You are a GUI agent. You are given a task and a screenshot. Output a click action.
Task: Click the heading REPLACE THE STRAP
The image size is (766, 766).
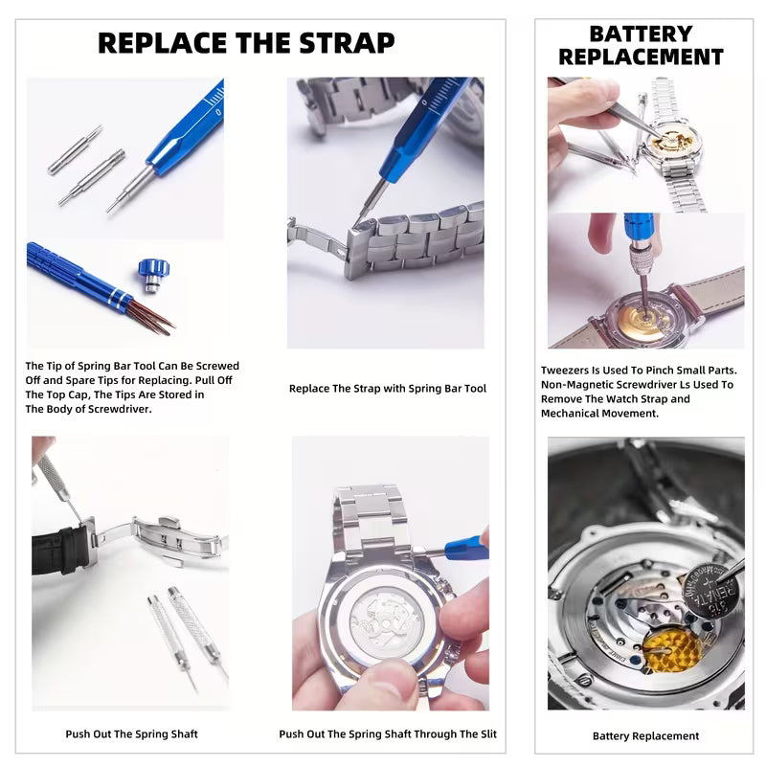pos(246,43)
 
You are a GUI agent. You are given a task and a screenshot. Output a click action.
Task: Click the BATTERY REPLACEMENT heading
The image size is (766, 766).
pos(655,45)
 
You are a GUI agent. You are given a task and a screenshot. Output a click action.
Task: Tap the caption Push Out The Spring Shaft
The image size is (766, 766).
pos(131,734)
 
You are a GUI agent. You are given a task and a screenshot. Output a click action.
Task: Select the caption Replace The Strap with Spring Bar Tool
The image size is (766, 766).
pos(388,389)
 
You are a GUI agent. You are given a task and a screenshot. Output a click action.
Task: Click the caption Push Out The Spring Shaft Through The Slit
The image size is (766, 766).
pos(394,734)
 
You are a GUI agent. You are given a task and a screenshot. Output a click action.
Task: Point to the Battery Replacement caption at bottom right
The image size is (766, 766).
pos(645,735)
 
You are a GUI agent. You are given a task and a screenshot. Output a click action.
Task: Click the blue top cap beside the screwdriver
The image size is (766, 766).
pos(150,272)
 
